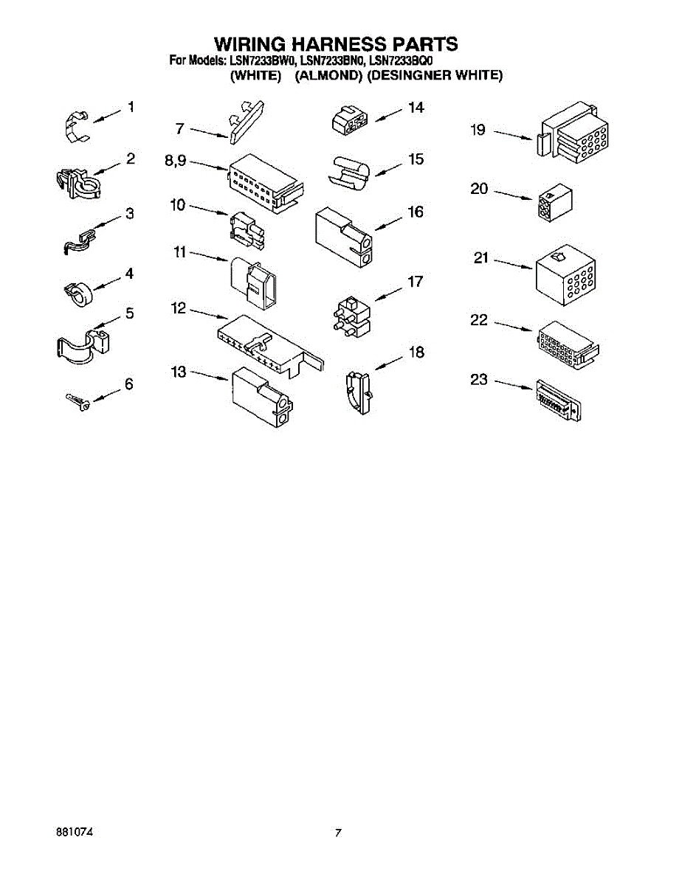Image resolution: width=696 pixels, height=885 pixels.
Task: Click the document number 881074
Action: (x=75, y=833)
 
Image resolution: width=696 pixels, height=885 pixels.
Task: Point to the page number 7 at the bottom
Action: (x=338, y=833)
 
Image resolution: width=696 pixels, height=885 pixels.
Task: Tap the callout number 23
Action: (x=480, y=380)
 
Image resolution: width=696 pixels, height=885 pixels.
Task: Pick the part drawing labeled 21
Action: (x=565, y=275)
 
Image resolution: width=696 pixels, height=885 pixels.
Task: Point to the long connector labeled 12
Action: (x=269, y=344)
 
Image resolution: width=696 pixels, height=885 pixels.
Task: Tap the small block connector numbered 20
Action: (x=557, y=202)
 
